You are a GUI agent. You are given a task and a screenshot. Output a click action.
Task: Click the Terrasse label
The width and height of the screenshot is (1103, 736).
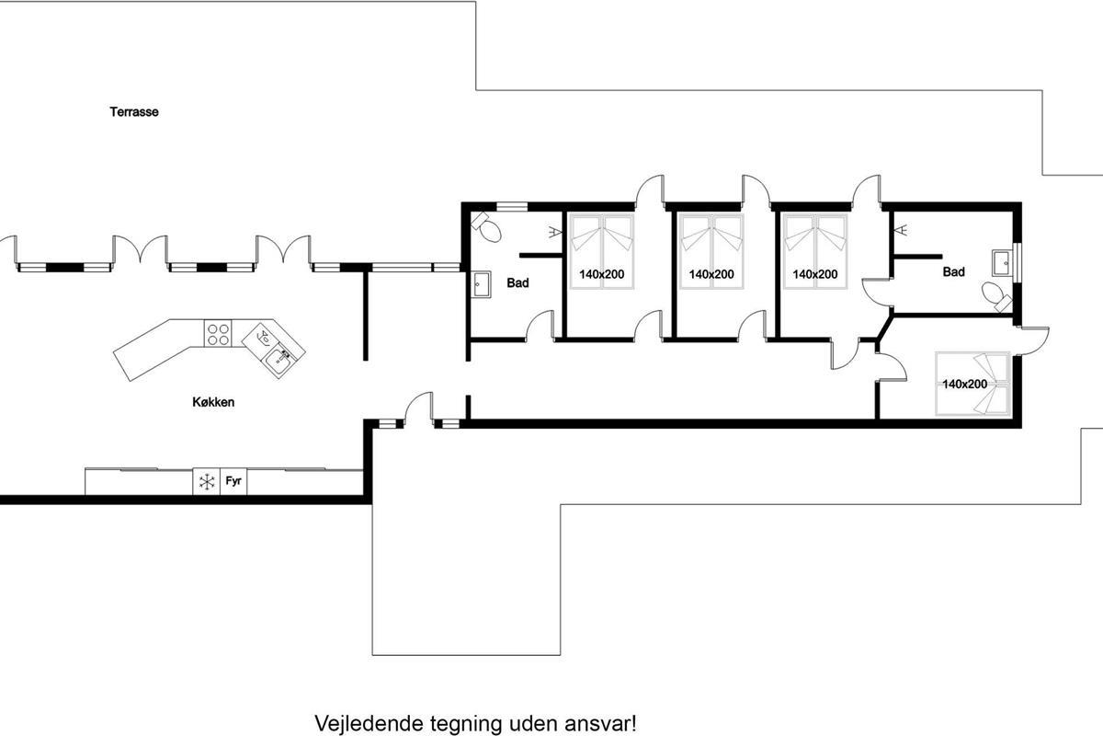[x=134, y=112]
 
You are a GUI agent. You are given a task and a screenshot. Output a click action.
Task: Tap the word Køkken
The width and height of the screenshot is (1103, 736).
[x=213, y=402]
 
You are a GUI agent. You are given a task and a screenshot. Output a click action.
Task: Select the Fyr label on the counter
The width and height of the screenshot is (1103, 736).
[x=233, y=480]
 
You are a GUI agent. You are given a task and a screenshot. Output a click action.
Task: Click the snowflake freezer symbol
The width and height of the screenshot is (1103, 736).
[x=207, y=482]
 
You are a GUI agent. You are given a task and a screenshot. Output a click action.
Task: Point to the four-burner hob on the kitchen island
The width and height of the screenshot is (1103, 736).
[x=218, y=333]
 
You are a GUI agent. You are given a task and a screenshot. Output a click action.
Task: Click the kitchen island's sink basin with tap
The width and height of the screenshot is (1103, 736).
[x=279, y=360]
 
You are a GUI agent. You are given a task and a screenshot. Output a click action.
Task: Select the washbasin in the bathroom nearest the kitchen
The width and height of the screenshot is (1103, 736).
[x=481, y=285]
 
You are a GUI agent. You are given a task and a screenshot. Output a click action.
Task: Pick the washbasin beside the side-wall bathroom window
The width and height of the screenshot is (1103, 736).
[x=1003, y=263]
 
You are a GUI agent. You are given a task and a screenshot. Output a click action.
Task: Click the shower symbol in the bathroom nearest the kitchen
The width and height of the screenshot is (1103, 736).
[x=554, y=232]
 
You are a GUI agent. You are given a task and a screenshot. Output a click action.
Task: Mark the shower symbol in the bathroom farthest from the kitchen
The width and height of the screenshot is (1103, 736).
[x=903, y=229]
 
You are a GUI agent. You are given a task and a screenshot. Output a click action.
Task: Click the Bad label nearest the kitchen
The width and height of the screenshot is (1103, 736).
[x=517, y=283]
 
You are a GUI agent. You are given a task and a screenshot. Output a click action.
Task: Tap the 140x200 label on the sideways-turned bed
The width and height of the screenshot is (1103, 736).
[x=964, y=384]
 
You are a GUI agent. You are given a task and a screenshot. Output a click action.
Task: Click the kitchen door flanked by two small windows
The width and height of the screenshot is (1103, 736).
[x=418, y=410]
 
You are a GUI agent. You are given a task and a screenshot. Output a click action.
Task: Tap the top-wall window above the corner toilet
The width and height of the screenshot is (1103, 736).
[x=512, y=207]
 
